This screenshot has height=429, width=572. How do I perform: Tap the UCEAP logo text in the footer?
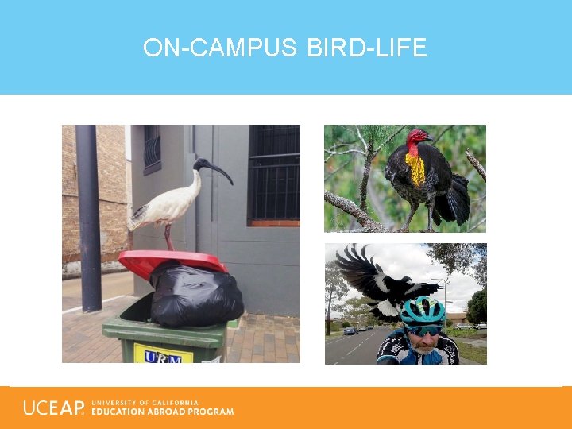click(53, 408)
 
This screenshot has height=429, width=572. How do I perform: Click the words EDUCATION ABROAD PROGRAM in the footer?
click(163, 412)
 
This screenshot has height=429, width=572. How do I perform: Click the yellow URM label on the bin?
click(163, 354)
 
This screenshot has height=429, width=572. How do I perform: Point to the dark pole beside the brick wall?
click(88, 214)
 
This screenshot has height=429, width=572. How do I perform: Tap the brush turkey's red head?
click(417, 140)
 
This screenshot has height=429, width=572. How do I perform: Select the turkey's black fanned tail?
click(456, 199)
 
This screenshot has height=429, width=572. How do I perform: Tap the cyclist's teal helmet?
click(422, 311)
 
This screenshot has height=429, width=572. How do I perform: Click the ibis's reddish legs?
click(168, 238)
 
